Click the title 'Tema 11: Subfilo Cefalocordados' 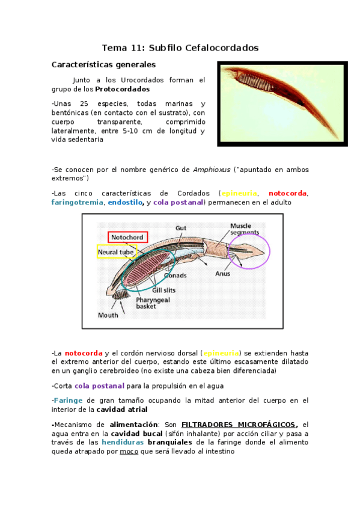pyautogui.click(x=180, y=47)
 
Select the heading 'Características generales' pyautogui.click(x=103, y=64)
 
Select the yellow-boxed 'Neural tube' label pyautogui.click(x=117, y=252)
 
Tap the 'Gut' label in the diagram pyautogui.click(x=181, y=228)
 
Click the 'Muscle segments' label pyautogui.click(x=245, y=229)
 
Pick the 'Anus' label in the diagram pyautogui.click(x=223, y=273)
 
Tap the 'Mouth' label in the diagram pyautogui.click(x=108, y=315)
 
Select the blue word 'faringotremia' pyautogui.click(x=77, y=203)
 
